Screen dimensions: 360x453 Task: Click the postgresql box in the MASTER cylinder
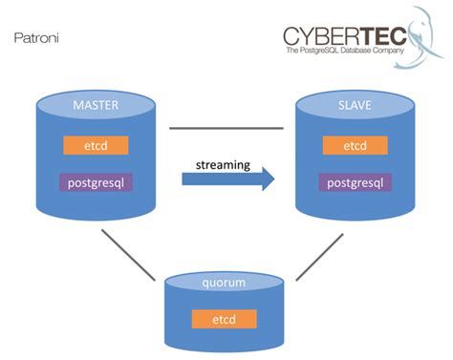coord(96,181)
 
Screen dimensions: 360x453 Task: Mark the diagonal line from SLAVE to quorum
coord(319,256)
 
